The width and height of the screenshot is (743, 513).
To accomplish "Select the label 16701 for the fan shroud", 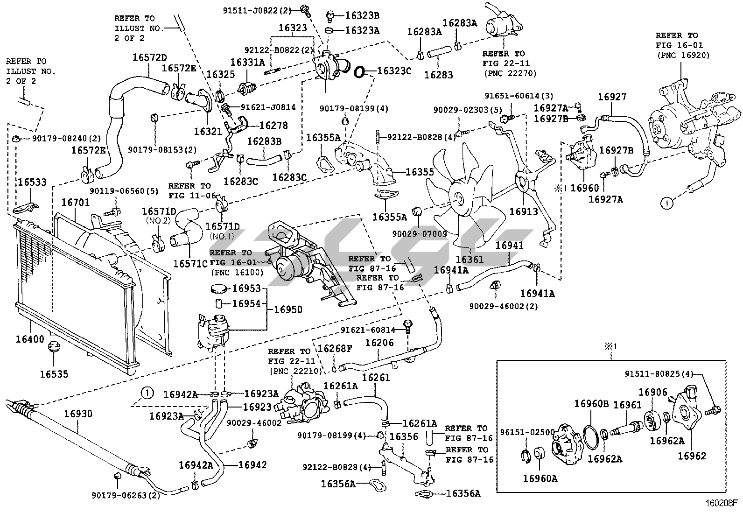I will [x=76, y=203].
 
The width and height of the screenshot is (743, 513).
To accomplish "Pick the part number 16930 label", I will [x=78, y=414].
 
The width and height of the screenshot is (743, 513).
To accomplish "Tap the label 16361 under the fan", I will [x=470, y=260].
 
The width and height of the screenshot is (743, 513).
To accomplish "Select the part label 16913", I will [x=523, y=211].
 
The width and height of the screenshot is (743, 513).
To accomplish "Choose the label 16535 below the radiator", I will [x=54, y=374].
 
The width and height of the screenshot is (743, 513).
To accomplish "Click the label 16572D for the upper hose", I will [x=149, y=58].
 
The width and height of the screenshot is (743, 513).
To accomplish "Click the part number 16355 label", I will [x=420, y=172].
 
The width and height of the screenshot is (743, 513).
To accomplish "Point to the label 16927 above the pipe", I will [x=612, y=97].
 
